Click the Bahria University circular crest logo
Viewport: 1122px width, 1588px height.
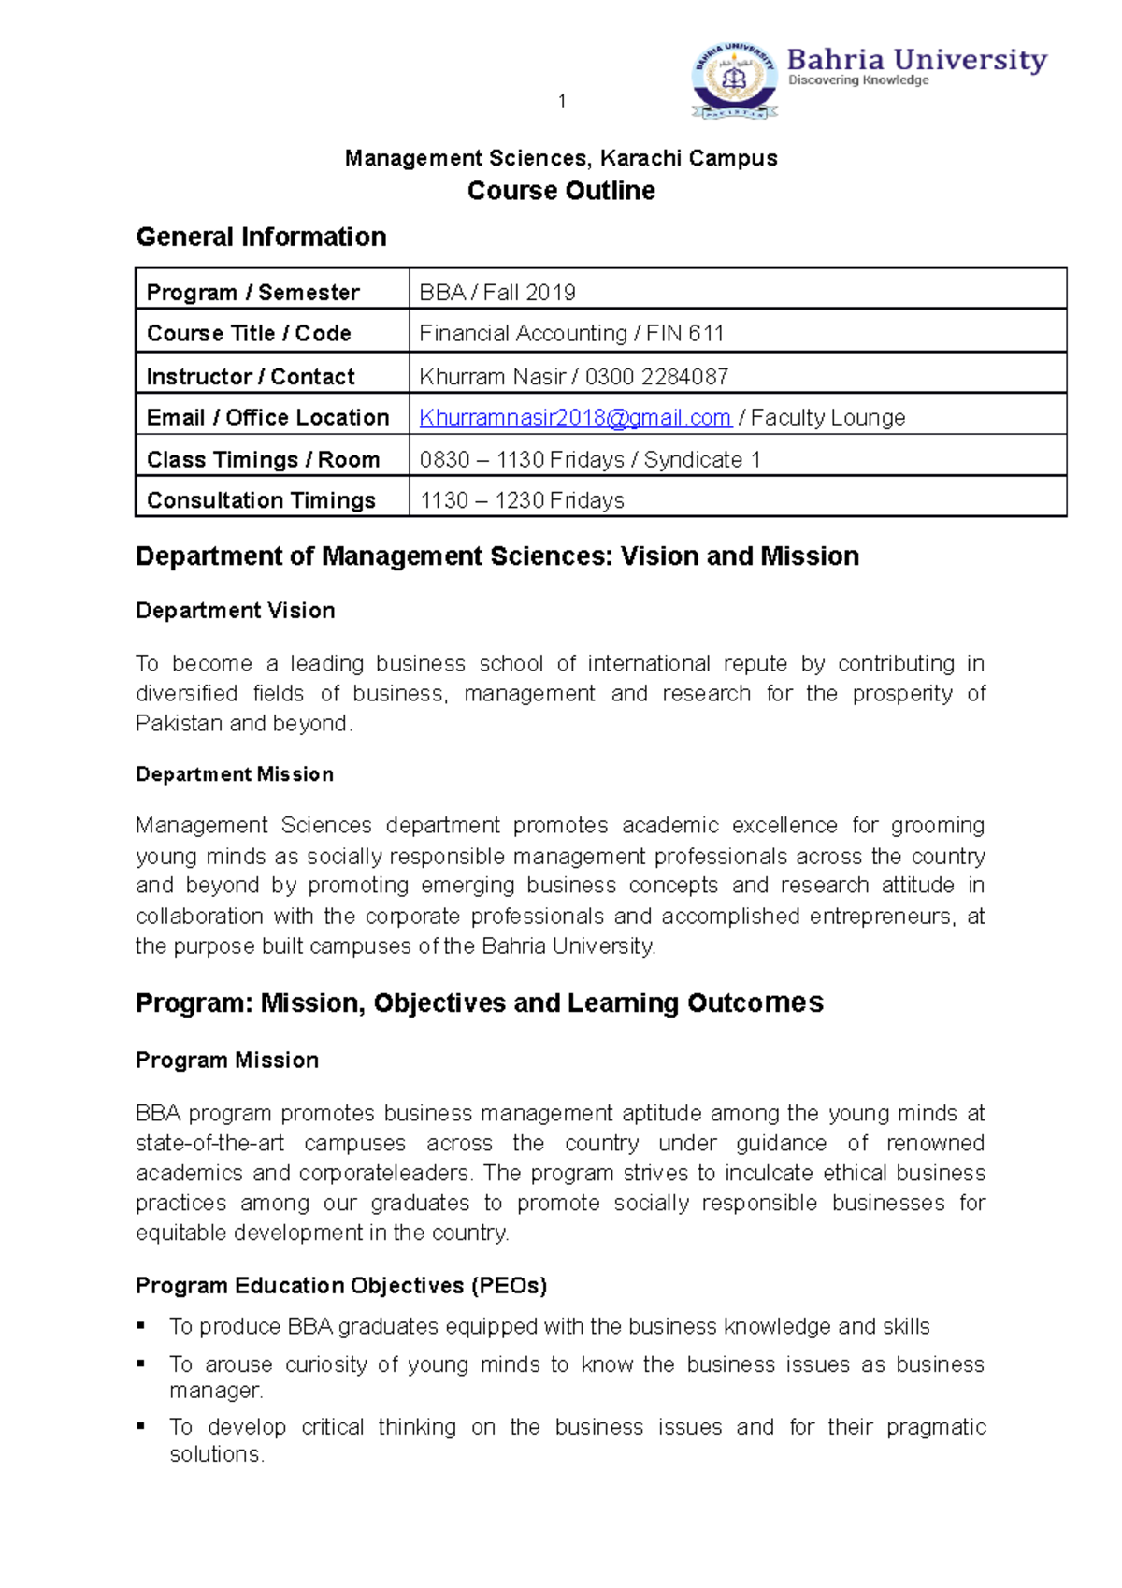pos(735,79)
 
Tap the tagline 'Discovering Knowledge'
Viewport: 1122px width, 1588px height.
pos(858,80)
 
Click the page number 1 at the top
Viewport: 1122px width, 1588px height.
pos(562,101)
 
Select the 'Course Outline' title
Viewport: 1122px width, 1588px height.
pos(561,191)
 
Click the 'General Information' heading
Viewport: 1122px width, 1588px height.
pos(261,237)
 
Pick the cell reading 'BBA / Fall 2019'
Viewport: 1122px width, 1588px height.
pos(497,293)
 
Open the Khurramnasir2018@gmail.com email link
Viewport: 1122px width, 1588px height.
pos(574,418)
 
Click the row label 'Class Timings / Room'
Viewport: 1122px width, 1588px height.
pos(263,459)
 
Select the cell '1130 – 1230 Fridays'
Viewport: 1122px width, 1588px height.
pos(522,500)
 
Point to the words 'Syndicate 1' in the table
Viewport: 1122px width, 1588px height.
pos(702,459)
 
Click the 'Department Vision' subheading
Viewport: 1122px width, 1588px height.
pos(235,611)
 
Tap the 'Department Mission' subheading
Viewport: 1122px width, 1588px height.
pos(234,774)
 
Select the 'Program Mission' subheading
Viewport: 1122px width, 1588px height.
pos(226,1061)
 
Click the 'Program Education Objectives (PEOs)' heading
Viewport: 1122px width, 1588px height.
pos(340,1286)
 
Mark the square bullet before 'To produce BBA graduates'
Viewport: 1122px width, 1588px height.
pos(141,1325)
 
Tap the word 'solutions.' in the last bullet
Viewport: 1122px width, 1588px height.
pos(217,1454)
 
